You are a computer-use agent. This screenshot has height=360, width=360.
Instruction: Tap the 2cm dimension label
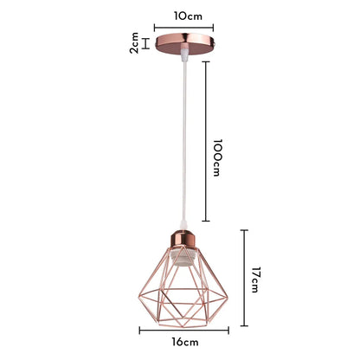(134, 42)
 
